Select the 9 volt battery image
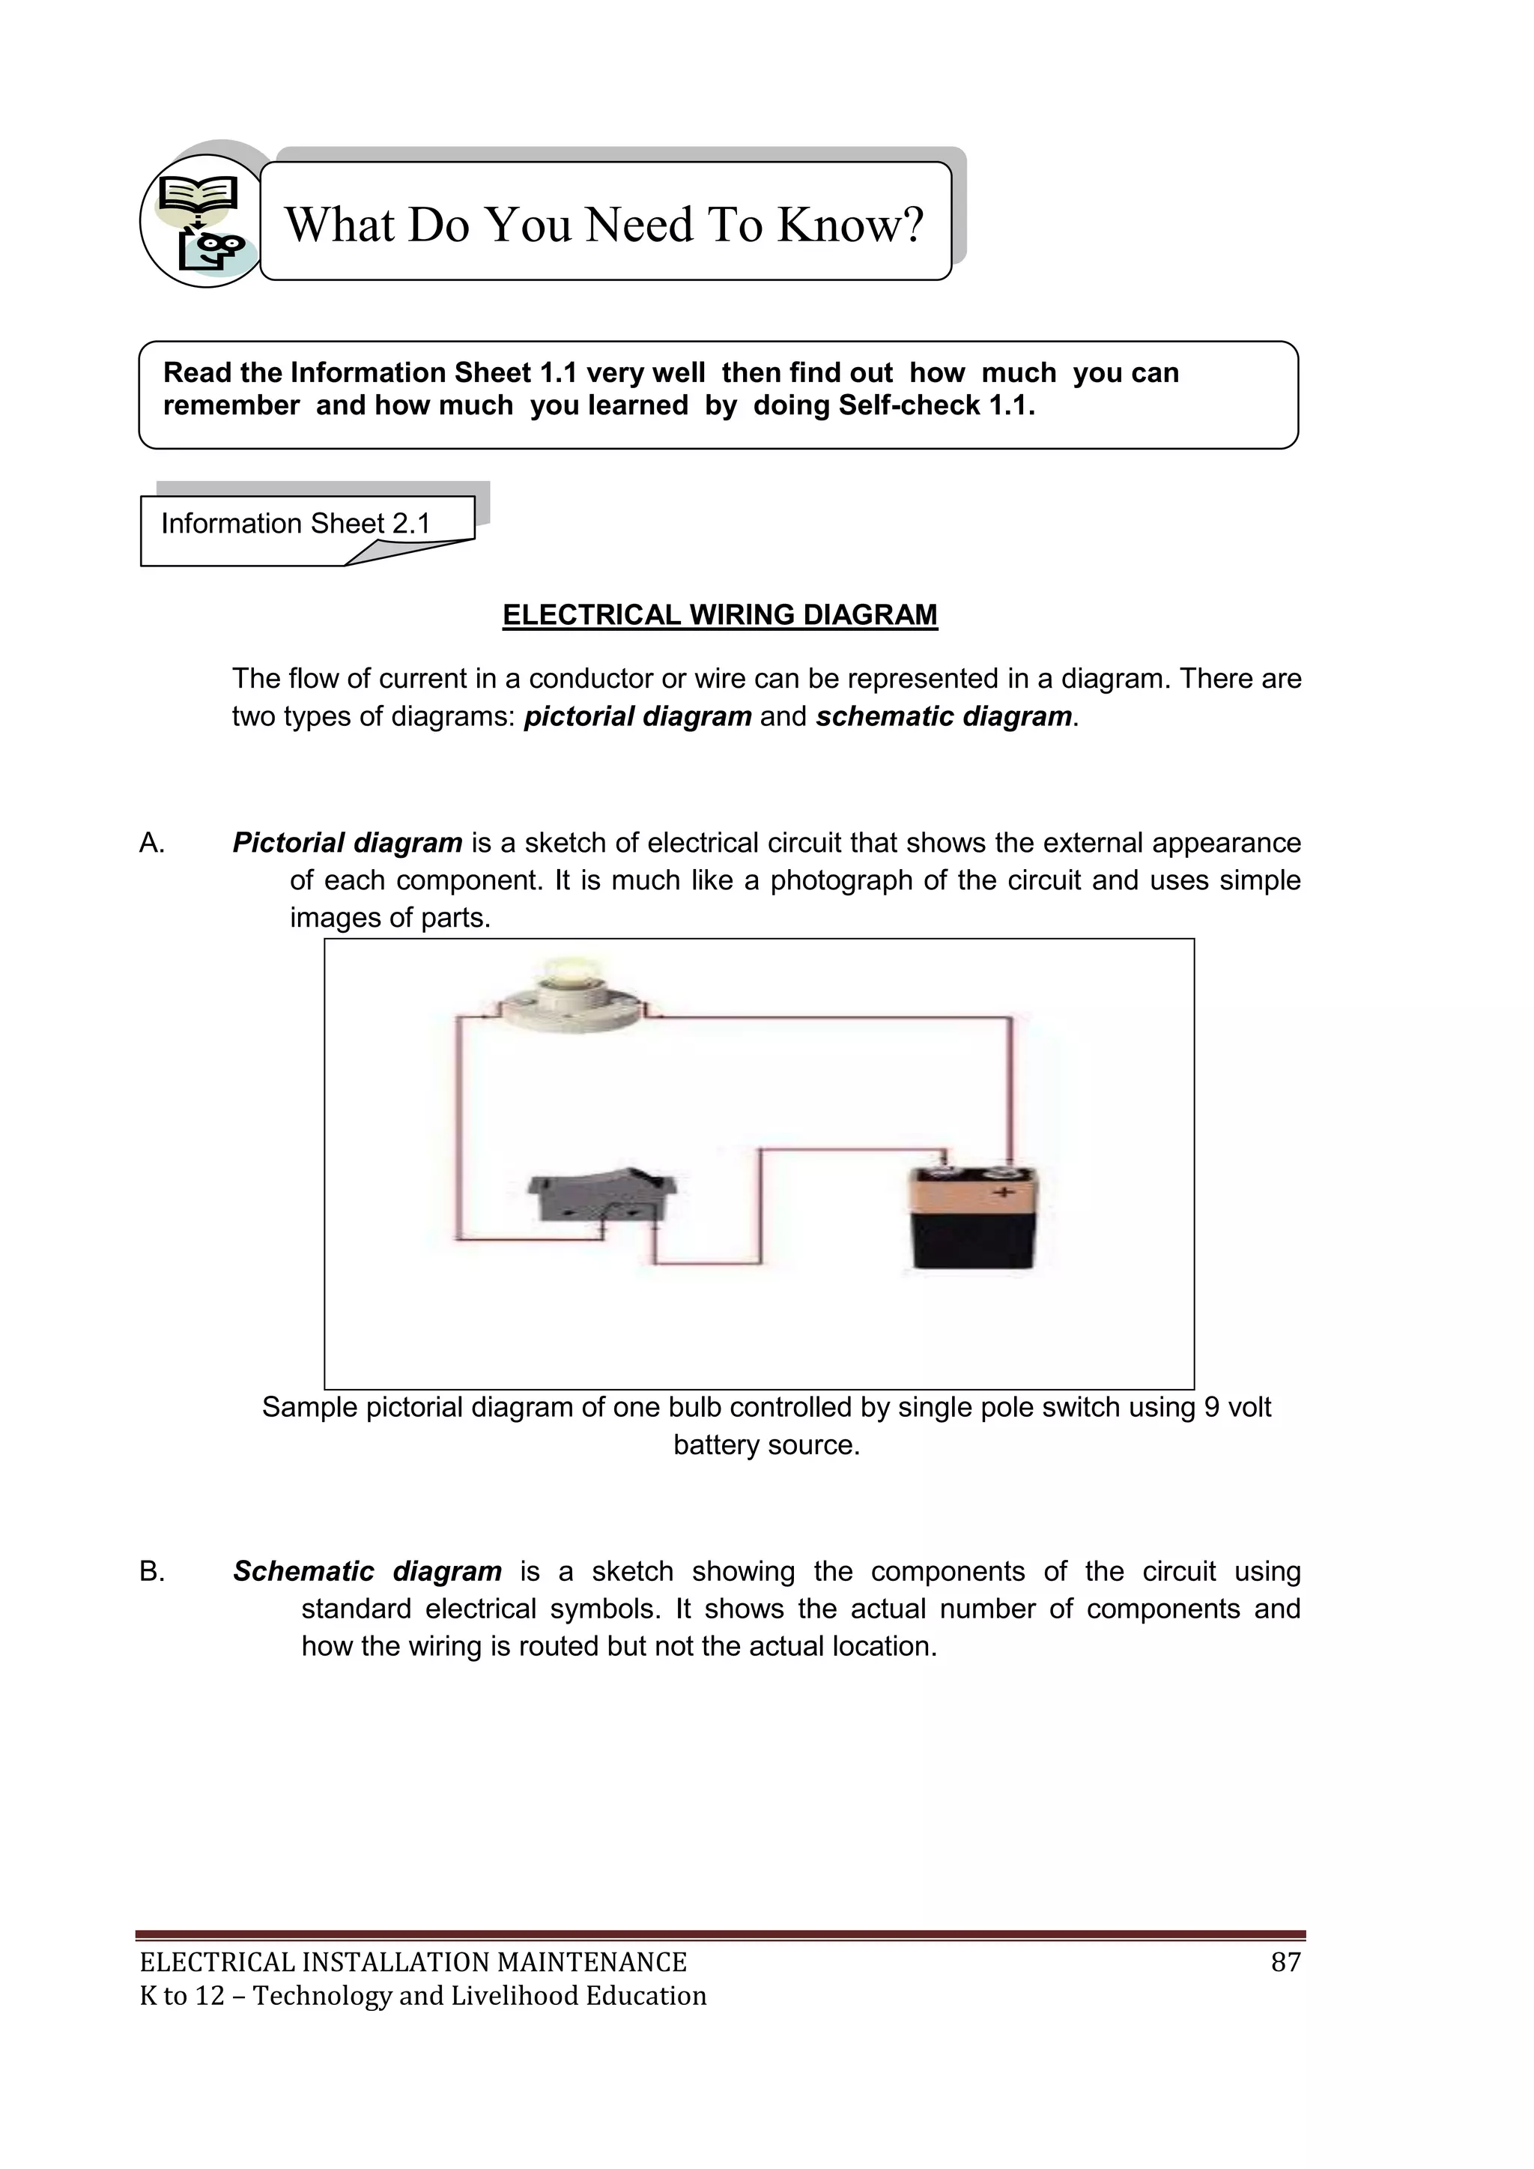coord(974,1219)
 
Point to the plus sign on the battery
coord(1003,1194)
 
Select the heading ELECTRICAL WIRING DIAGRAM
coord(720,615)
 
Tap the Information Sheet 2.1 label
coord(296,524)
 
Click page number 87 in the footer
coord(1285,1962)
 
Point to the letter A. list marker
coord(152,843)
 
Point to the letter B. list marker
coord(152,1571)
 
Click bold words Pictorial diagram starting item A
coord(347,843)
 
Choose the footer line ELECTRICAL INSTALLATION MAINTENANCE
coord(413,1962)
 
